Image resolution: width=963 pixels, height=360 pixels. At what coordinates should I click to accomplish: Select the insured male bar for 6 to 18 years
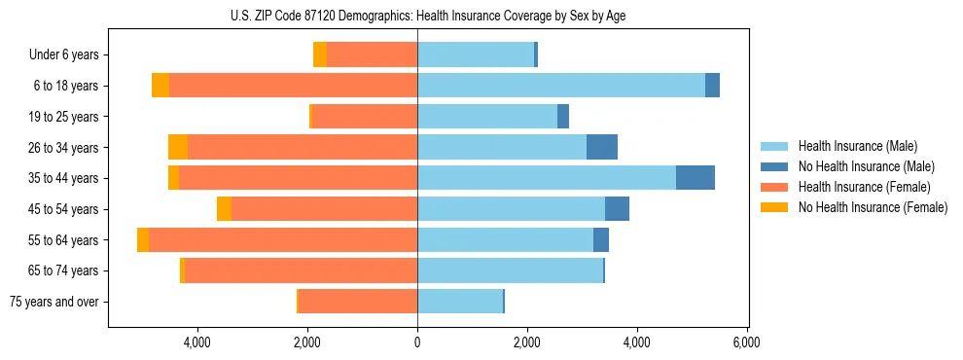[561, 86]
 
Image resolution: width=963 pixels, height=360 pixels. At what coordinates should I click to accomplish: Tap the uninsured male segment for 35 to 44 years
[695, 178]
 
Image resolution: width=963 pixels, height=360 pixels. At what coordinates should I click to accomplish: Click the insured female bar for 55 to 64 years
[283, 239]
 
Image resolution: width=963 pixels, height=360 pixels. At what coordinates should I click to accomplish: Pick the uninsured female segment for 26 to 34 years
[178, 147]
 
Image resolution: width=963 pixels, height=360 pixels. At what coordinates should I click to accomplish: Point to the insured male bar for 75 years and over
[460, 302]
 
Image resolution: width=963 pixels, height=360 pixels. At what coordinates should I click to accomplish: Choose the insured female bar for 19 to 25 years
[365, 117]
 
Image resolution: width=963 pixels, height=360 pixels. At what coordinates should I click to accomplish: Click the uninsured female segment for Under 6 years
[320, 54]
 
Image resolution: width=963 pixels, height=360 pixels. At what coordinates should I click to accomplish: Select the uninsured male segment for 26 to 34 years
[602, 147]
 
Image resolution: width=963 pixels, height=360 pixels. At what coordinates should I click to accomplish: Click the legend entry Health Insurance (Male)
[857, 146]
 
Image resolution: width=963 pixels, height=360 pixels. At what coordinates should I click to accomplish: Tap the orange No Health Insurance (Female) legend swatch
[774, 207]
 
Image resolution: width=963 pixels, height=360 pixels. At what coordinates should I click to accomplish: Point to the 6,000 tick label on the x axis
[746, 342]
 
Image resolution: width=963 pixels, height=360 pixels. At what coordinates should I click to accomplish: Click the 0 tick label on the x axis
[417, 342]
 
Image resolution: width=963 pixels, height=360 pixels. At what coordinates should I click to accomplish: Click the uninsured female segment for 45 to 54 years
[224, 209]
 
